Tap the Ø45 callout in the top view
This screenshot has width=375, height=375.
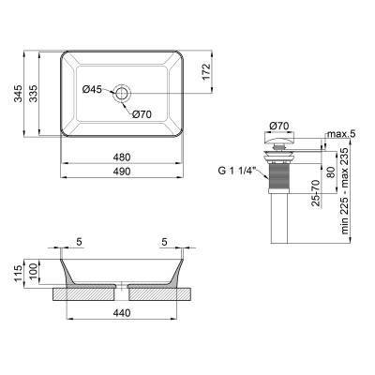click(92, 90)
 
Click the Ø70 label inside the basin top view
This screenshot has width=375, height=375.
click(141, 114)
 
